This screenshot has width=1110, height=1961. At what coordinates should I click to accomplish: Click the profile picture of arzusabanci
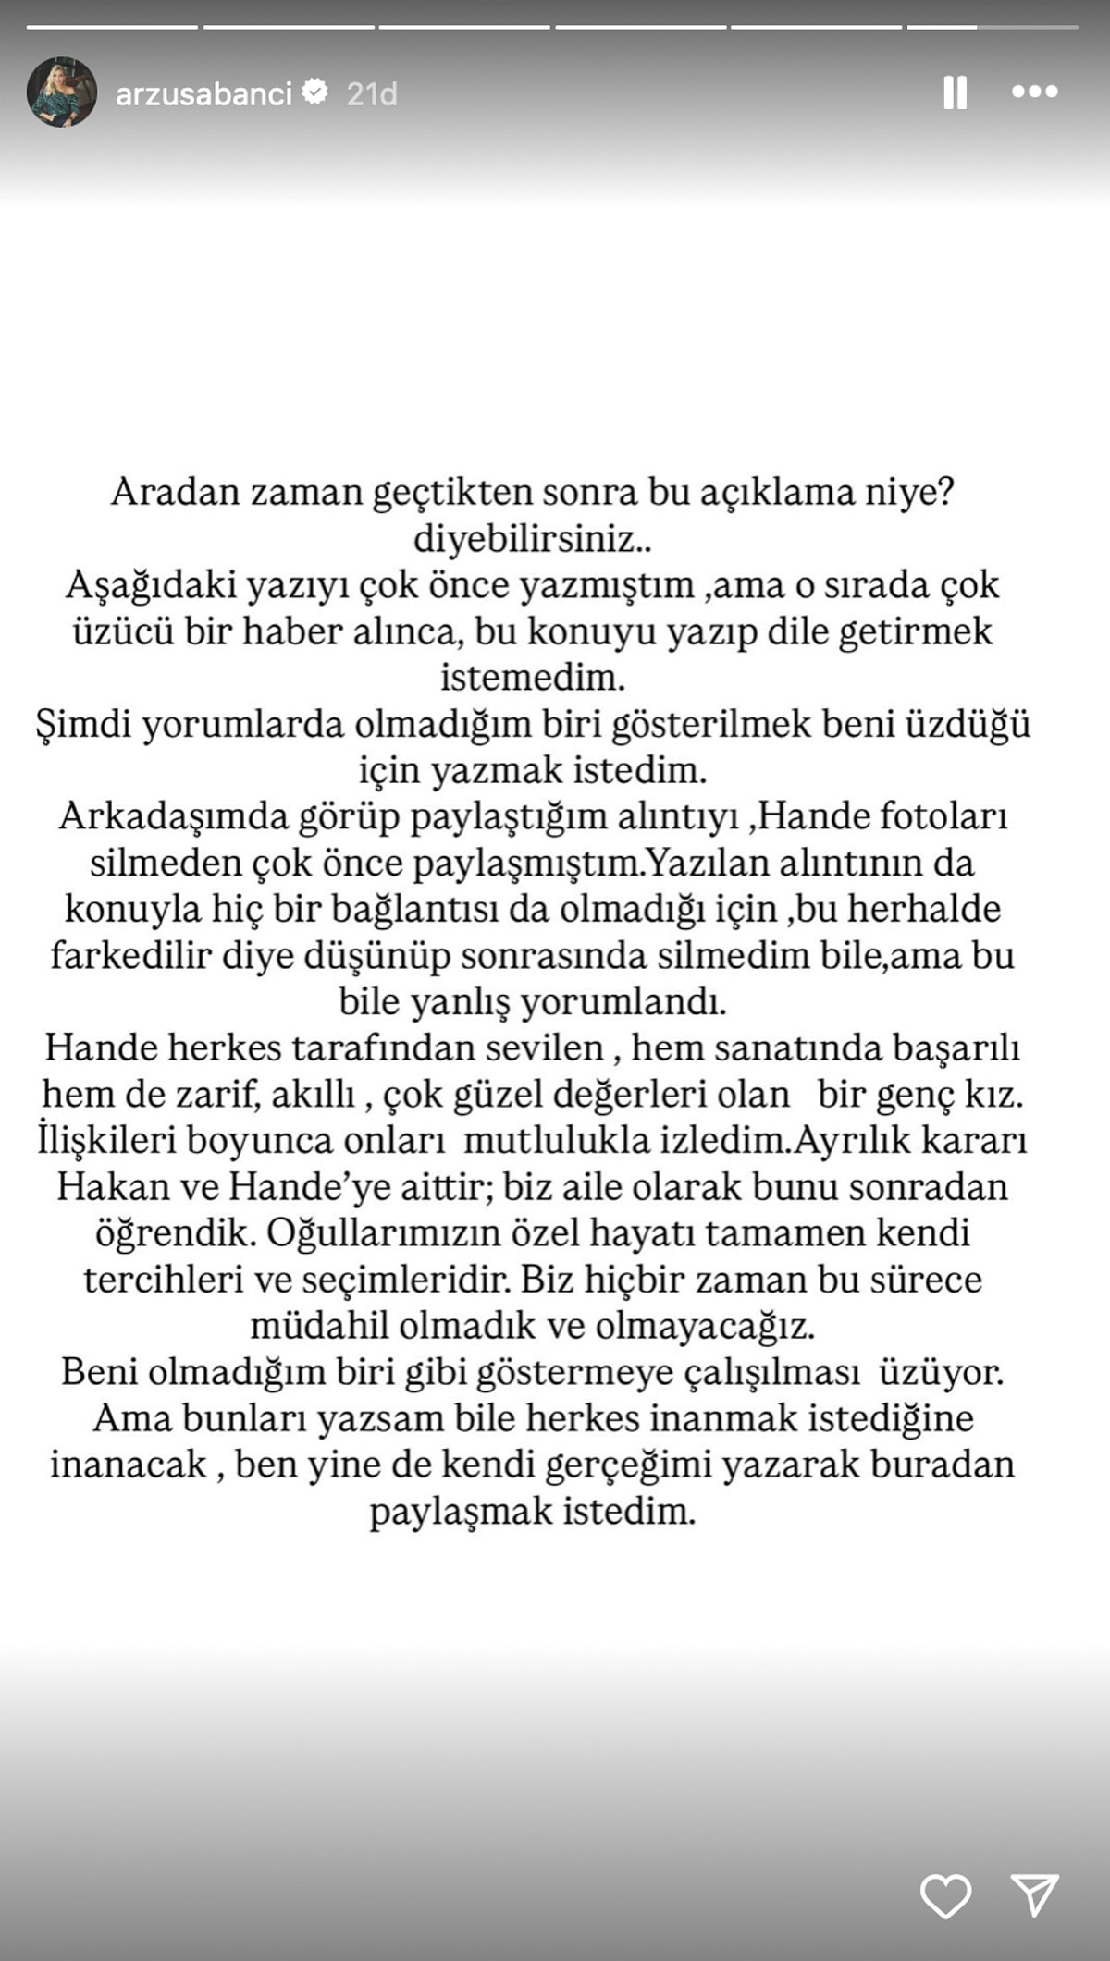click(x=62, y=92)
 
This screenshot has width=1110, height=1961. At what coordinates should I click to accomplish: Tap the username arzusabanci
click(x=203, y=93)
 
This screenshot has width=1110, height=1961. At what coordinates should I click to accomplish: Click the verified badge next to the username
click(x=316, y=92)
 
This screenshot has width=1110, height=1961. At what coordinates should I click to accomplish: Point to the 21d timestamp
click(x=372, y=93)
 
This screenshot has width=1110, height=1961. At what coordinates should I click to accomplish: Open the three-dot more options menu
click(x=1034, y=92)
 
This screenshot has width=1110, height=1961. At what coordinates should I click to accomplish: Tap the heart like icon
click(x=945, y=1895)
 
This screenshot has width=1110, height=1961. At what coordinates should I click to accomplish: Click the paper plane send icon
click(x=1034, y=1895)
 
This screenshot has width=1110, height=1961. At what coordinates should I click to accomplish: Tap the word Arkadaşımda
click(x=173, y=817)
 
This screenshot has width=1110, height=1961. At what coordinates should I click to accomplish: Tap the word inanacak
click(x=128, y=1465)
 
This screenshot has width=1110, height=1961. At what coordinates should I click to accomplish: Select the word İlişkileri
click(x=106, y=1140)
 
